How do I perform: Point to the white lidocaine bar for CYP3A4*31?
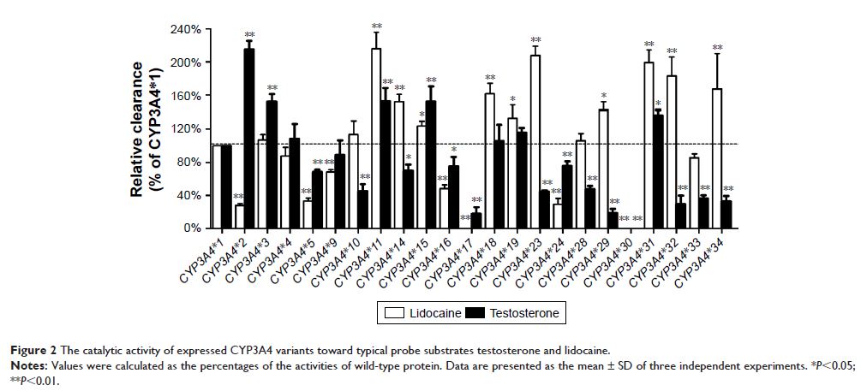[649, 145]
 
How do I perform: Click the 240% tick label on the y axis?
[186, 30]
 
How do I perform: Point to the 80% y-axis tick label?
[189, 163]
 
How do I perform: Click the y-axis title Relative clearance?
[137, 128]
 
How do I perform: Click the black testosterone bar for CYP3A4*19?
[522, 181]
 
